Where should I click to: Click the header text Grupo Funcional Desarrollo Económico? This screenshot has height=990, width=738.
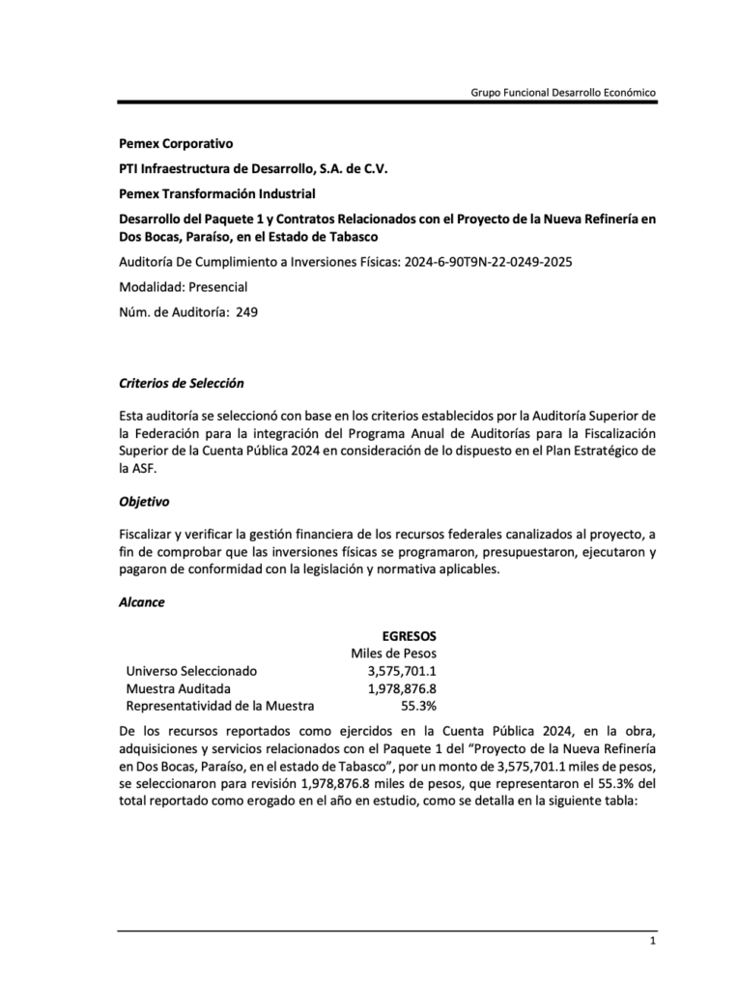(x=563, y=92)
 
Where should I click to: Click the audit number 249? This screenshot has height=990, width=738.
(x=246, y=311)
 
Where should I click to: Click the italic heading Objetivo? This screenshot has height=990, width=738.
(x=144, y=502)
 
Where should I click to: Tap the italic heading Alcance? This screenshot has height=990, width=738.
(x=142, y=601)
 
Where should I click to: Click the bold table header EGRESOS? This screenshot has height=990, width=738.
(x=409, y=635)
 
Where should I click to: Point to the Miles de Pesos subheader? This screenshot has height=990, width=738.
(x=393, y=654)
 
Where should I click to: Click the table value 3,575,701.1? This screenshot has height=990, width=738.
(x=402, y=671)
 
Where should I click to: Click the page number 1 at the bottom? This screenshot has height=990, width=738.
(x=653, y=942)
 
